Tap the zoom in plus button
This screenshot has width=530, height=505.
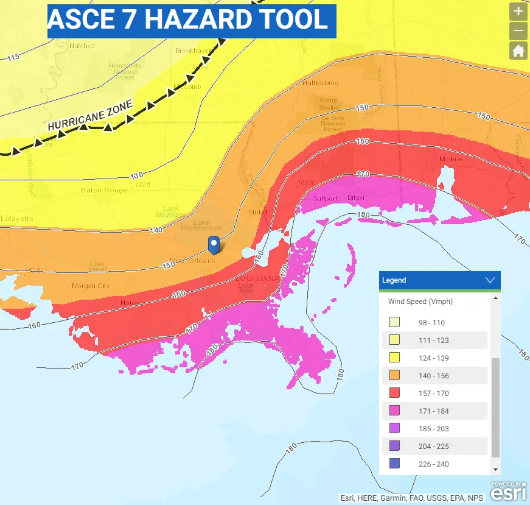pyautogui.click(x=518, y=11)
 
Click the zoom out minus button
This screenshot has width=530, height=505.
pyautogui.click(x=518, y=30)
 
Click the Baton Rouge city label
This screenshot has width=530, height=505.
pyautogui.click(x=104, y=190)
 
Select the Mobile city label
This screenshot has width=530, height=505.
pyautogui.click(x=451, y=159)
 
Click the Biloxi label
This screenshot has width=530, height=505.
pyautogui.click(x=355, y=198)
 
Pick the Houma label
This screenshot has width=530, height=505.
pyautogui.click(x=131, y=303)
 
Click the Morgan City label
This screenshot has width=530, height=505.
pyautogui.click(x=91, y=286)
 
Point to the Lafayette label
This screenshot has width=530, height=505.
pyautogui.click(x=16, y=219)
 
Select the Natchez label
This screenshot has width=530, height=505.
pyautogui.click(x=82, y=46)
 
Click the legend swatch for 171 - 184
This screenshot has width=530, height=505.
pyautogui.click(x=394, y=411)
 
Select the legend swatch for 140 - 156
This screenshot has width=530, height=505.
pyautogui.click(x=394, y=376)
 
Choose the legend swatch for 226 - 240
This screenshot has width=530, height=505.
pyautogui.click(x=394, y=464)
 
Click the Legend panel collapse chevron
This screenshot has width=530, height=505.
pyautogui.click(x=490, y=280)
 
